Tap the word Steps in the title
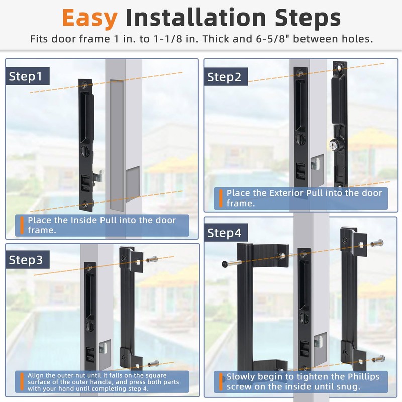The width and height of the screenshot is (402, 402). (x=308, y=18)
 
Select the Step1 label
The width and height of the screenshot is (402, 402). (x=26, y=76)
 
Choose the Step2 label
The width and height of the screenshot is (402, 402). (x=224, y=77)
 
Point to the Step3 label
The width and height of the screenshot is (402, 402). (x=26, y=260)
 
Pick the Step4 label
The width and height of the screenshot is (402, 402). (x=224, y=233)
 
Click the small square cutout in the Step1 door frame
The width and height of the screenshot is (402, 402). (x=133, y=180)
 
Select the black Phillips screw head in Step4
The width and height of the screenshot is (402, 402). (x=225, y=264)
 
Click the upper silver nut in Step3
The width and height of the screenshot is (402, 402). (x=152, y=260)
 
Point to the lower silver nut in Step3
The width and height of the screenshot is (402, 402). (x=154, y=363)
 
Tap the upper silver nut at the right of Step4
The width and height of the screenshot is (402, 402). (x=377, y=243)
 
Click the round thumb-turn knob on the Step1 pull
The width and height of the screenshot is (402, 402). (x=85, y=151)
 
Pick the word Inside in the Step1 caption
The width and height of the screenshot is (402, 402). (x=84, y=220)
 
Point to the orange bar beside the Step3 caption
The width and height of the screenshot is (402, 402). (x=22, y=382)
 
